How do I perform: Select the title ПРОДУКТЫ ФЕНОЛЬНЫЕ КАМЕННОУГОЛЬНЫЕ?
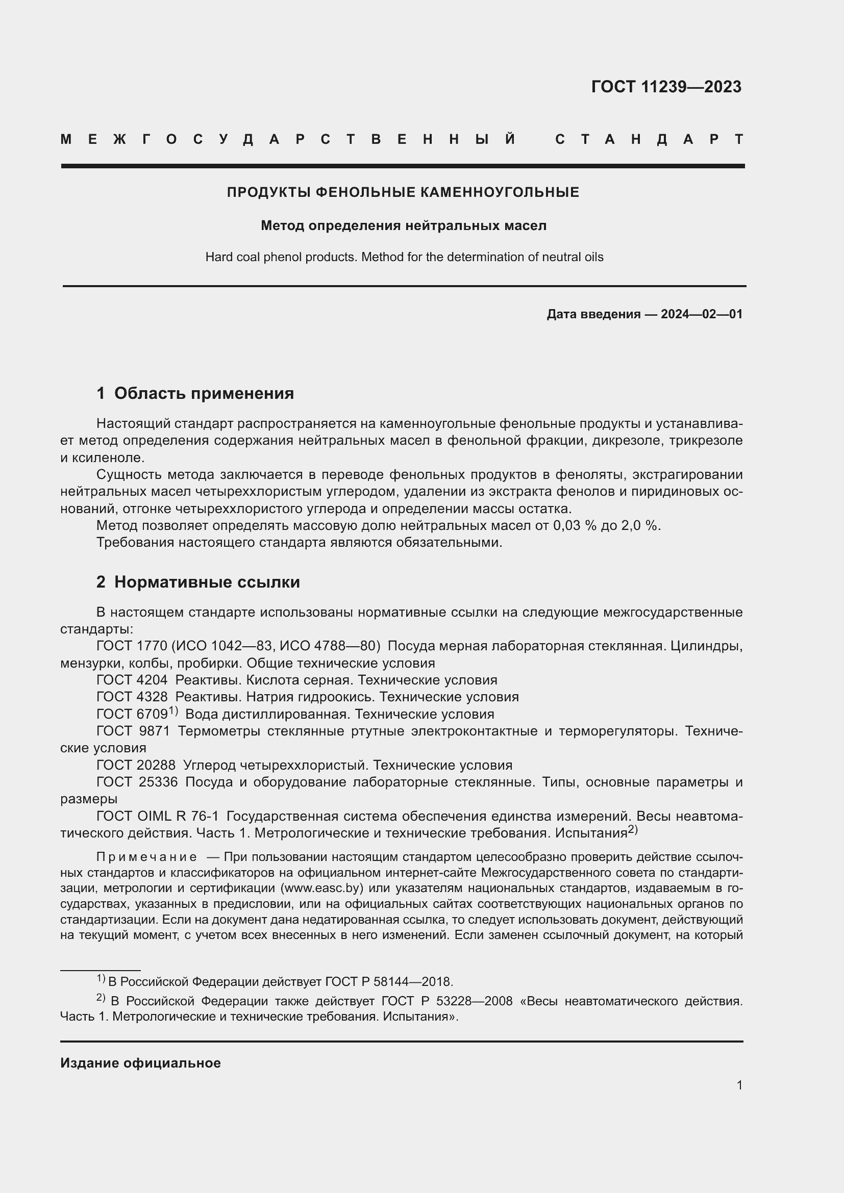pos(403,193)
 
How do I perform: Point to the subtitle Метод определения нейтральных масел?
pos(403,226)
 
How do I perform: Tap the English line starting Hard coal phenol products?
pos(404,257)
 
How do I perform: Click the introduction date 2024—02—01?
pos(701,314)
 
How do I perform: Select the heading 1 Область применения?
pos(195,394)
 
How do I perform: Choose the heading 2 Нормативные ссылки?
pos(198,582)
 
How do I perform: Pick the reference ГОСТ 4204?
pos(132,680)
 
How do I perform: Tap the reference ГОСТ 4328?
pos(132,697)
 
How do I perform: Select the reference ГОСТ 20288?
pos(136,766)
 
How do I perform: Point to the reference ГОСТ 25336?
pos(137,782)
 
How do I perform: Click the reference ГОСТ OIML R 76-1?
pos(158,816)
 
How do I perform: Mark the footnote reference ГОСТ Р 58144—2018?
pos(389,982)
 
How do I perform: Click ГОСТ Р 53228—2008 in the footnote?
pos(447,1001)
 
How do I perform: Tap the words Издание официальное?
pos(140,1063)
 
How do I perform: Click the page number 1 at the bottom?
pos(739,1085)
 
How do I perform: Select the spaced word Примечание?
pos(146,857)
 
